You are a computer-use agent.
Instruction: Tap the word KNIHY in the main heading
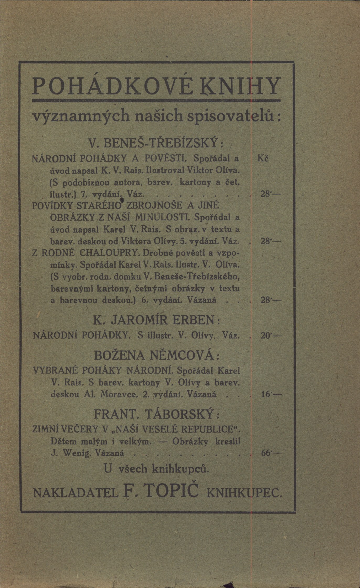pyautogui.click(x=241, y=87)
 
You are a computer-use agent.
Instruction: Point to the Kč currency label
pyautogui.click(x=263, y=159)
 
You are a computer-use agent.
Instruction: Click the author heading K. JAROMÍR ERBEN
pyautogui.click(x=156, y=320)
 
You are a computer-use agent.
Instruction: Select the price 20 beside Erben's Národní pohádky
pyautogui.click(x=265, y=335)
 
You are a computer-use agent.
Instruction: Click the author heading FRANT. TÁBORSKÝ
pyautogui.click(x=156, y=415)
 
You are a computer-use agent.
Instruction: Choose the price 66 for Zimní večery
pyautogui.click(x=266, y=453)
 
